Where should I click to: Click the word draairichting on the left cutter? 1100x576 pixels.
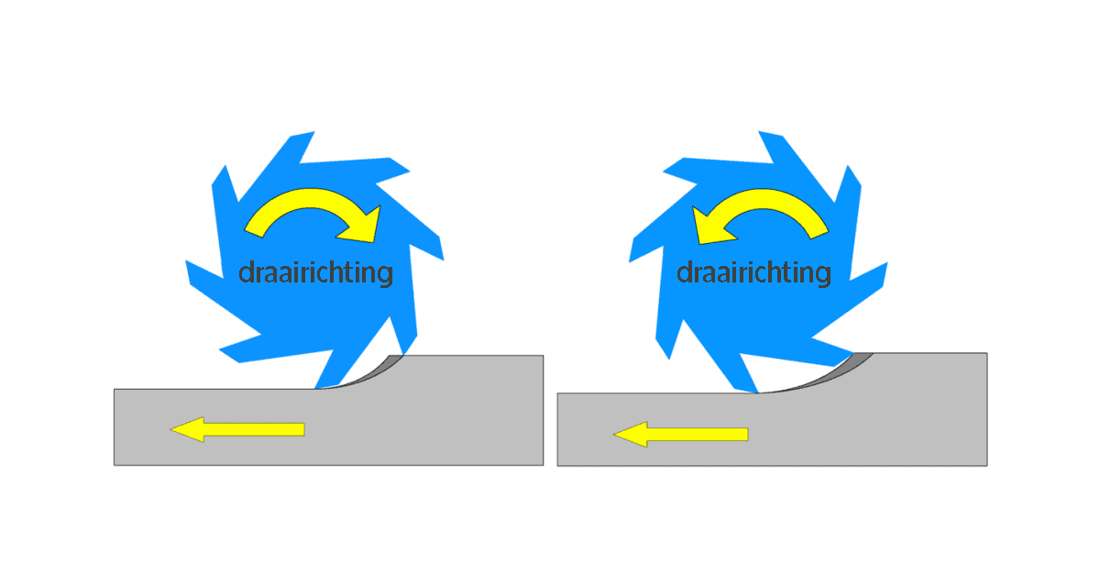pos(315,273)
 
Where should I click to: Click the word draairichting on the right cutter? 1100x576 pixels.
pos(753,273)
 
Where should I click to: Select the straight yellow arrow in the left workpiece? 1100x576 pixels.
pos(237,429)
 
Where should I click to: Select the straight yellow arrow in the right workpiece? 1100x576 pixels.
pos(680,435)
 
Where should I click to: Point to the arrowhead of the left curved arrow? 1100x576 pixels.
pos(361,226)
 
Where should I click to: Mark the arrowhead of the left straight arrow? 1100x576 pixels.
pos(187,429)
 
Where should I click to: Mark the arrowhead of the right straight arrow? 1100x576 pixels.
pos(630,435)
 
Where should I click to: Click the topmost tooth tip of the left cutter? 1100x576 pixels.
pos(314,132)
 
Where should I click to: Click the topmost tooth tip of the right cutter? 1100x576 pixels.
pos(759,131)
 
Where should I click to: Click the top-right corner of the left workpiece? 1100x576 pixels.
pos(543,355)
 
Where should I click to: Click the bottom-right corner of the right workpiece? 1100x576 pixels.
pos(987,465)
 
